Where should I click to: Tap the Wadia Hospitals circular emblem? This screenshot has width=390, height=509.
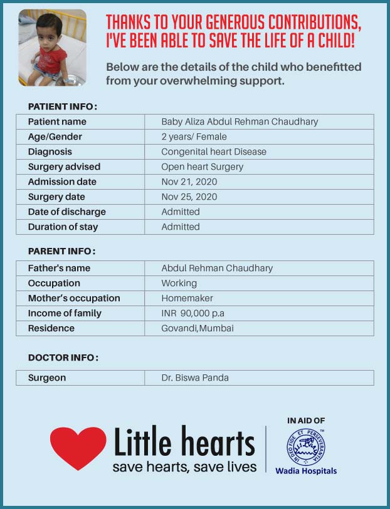point(306,446)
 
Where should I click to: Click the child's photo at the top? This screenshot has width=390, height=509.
point(53,48)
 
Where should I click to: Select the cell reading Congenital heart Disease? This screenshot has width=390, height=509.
point(214,152)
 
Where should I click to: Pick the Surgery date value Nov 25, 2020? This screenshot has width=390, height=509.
point(189,197)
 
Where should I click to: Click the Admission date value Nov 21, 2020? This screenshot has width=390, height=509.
point(189,182)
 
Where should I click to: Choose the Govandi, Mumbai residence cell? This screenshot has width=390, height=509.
point(198,328)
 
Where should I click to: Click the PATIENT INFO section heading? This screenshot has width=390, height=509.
point(62,106)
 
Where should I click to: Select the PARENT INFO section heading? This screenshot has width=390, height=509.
point(61,251)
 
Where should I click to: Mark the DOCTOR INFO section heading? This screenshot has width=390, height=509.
point(63,357)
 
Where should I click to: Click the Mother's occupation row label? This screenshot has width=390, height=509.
point(74,298)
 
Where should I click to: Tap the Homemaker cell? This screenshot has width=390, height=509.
point(187,298)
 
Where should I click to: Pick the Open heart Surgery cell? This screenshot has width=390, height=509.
point(202,167)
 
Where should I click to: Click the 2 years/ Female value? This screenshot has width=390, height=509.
point(194,136)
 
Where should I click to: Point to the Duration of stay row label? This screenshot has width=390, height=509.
point(63,227)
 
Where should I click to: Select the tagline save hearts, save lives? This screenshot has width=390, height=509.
point(184,467)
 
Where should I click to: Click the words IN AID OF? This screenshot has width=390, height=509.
point(306,421)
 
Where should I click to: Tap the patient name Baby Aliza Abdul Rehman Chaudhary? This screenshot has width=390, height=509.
point(240,121)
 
